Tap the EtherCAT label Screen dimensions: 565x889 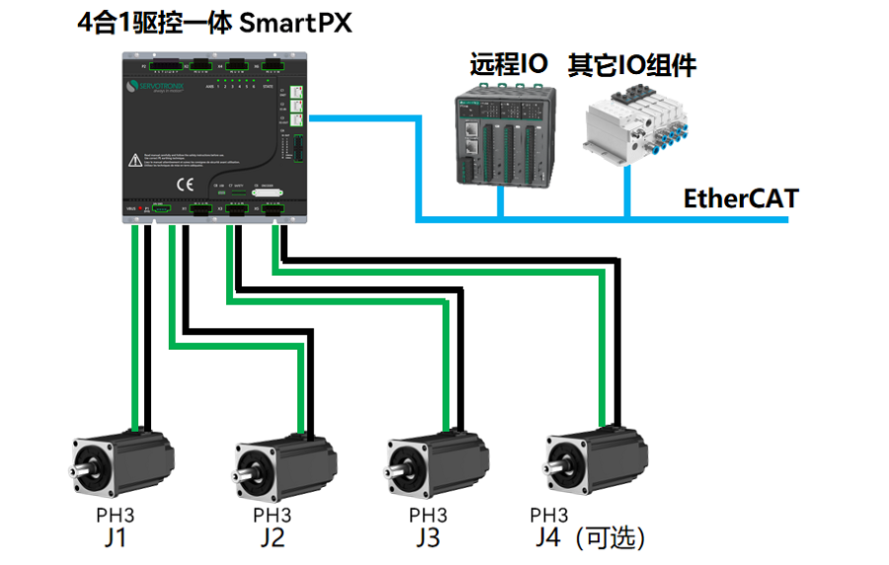[740, 198]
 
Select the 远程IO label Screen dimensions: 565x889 [508, 66]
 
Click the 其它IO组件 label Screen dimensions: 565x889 [631, 66]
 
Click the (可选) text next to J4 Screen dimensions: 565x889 [613, 538]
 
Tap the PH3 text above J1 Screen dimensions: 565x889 [115, 515]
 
